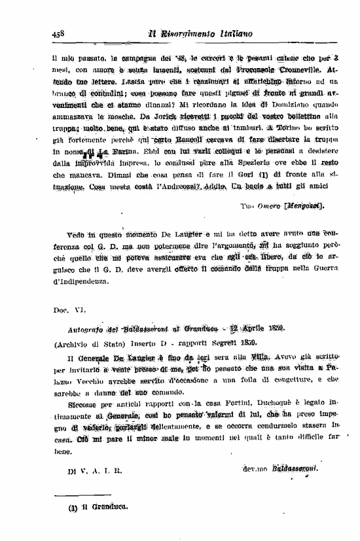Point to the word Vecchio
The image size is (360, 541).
coord(86,379)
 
